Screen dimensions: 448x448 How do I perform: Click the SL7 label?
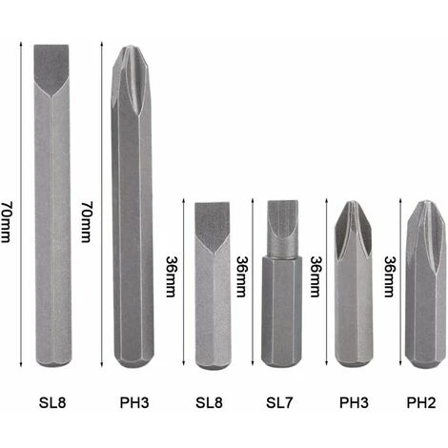point(279,402)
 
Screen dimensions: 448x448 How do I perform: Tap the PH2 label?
point(421,402)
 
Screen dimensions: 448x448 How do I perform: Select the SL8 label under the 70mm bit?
point(52,402)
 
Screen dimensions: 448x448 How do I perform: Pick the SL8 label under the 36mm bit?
point(209,402)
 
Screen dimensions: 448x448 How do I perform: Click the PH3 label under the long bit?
point(134,402)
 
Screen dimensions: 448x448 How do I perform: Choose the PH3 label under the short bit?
point(354,402)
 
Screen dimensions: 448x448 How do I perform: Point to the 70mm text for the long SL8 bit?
point(6,222)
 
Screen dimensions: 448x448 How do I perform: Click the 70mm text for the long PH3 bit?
point(87,222)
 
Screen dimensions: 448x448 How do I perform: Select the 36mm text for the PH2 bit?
point(390,276)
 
